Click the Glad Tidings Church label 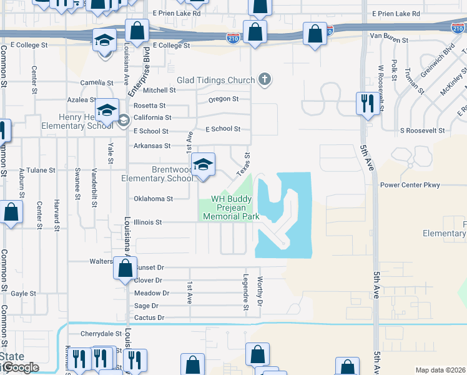pos(216,80)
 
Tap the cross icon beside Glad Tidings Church pos(265,79)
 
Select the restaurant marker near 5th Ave pos(366,102)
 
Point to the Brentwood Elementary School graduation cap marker pos(203,164)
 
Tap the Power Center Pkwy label pos(410,185)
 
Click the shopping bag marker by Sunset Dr pos(125,269)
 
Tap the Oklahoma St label pos(153,199)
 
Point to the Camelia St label pos(97,82)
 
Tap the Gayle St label pos(24,293)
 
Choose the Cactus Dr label pos(149,318)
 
